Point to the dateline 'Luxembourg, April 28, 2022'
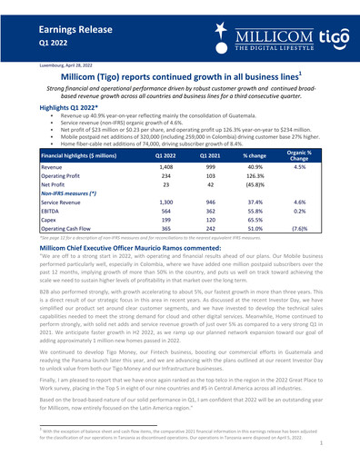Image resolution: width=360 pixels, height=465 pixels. (x=44, y=67)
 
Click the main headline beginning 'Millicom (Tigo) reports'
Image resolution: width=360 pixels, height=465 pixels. (x=180, y=80)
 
